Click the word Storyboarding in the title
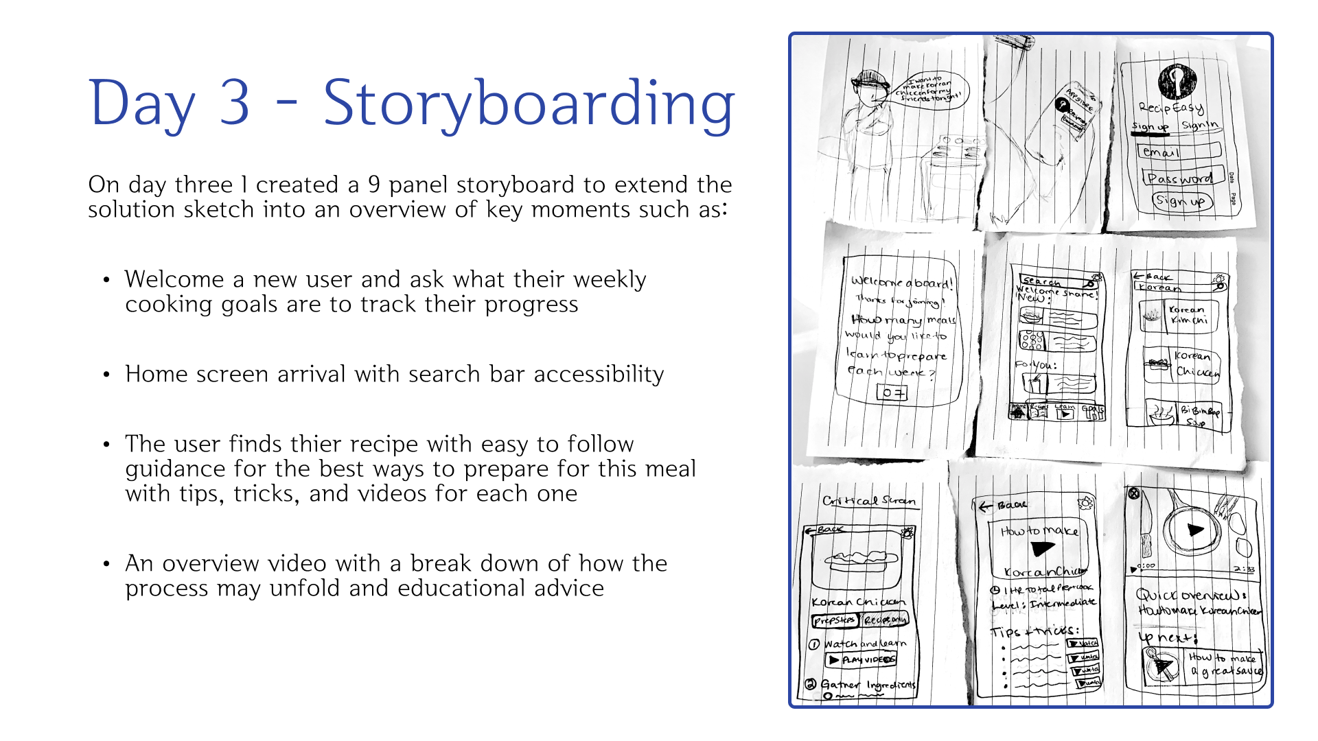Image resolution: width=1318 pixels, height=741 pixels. [x=529, y=104]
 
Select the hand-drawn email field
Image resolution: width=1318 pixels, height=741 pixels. [x=1179, y=151]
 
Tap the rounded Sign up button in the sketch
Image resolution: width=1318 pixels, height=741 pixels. [x=1181, y=201]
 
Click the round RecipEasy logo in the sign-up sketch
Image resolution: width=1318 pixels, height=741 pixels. [x=1177, y=82]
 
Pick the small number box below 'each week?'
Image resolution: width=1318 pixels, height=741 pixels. [x=892, y=392]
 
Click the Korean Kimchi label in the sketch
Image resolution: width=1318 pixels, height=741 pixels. [x=1188, y=315]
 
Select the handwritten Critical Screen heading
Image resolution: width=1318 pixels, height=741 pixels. [x=868, y=501]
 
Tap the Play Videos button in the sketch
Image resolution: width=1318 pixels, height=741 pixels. [x=861, y=660]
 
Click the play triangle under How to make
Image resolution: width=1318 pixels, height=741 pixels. [x=1042, y=548]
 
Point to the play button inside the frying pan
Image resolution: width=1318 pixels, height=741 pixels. [x=1194, y=530]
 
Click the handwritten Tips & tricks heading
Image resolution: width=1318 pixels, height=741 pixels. [x=1034, y=631]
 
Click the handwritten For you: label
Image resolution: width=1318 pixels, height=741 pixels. [x=1036, y=365]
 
